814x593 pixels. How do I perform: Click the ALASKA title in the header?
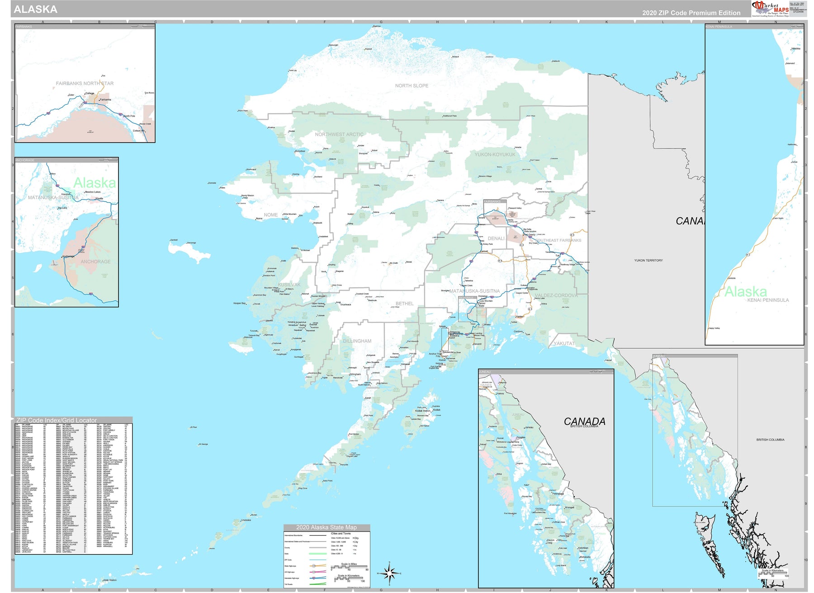36,9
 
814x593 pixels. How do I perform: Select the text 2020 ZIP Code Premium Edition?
691,13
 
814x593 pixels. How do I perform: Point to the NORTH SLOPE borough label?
412,85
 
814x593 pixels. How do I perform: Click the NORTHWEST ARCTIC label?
339,134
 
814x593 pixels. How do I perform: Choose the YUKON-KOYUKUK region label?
495,154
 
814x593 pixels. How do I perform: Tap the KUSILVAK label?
289,285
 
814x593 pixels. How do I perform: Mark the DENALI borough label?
496,238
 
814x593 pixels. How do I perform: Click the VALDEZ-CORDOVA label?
556,295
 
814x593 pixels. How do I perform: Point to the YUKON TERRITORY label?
648,261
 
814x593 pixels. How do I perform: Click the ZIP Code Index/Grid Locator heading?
57,420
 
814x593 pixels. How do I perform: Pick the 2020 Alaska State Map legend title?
326,527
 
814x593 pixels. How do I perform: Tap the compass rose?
389,573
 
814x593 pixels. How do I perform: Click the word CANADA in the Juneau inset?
584,421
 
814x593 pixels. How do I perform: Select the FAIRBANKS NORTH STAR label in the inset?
85,83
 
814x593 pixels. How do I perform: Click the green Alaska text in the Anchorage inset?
95,183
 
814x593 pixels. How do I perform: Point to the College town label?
90,93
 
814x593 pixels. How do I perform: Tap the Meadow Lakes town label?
93,192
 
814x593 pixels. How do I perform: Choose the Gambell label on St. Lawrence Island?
174,240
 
